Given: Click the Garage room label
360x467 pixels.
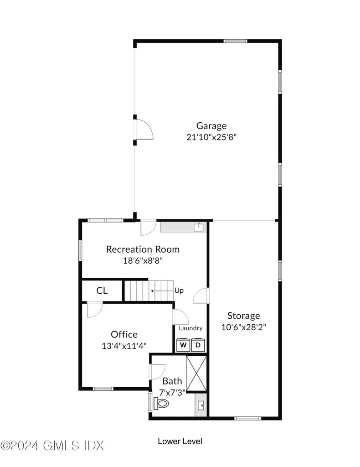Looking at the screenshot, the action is point(211,126).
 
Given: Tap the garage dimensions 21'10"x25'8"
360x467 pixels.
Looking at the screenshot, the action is point(211,137).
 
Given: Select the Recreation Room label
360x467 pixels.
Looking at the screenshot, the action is point(143,249).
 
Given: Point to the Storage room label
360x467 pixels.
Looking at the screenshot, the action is point(244,316).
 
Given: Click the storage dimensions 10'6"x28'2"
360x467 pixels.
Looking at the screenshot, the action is point(244,327).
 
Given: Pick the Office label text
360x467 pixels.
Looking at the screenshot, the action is point(124,334).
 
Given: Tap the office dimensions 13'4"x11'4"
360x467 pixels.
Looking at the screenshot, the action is point(124,346).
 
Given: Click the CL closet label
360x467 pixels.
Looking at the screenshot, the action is point(102,291).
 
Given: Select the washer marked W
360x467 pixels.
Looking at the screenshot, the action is point(183,345).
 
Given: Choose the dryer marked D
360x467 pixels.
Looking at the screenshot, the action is point(198,345).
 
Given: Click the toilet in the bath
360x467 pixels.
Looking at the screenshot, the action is point(161,403).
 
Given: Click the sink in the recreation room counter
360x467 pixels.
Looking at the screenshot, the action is point(199,227).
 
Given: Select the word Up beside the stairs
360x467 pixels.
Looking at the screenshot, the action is point(179,291).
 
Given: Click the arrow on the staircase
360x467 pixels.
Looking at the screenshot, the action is point(162,291).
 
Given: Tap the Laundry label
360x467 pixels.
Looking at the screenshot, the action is point(191,328).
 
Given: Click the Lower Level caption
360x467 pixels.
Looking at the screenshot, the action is point(180,441).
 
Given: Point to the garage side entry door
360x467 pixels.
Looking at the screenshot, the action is point(144,130).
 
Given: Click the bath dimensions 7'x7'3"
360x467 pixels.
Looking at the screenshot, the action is point(173,393).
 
